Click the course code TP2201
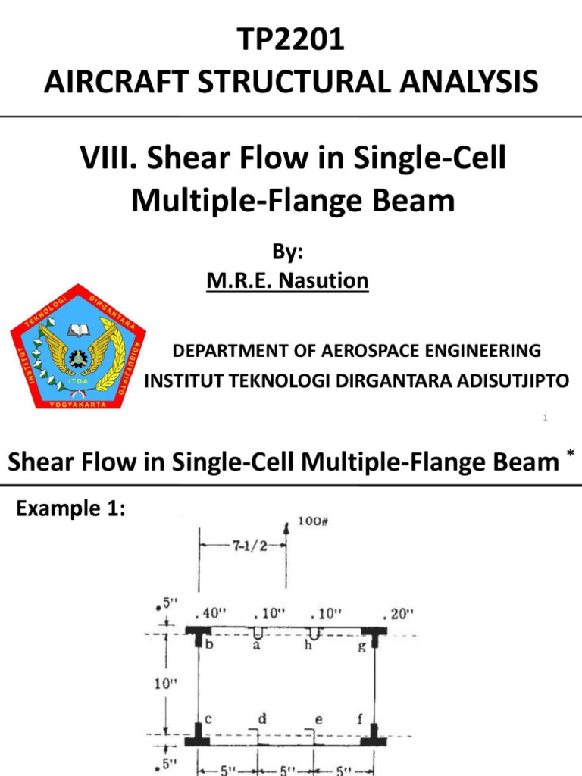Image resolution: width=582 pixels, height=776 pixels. pyautogui.click(x=291, y=40)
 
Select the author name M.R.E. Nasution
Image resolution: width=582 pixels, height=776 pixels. pyautogui.click(x=287, y=281)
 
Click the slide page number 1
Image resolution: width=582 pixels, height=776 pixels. pyautogui.click(x=545, y=418)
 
